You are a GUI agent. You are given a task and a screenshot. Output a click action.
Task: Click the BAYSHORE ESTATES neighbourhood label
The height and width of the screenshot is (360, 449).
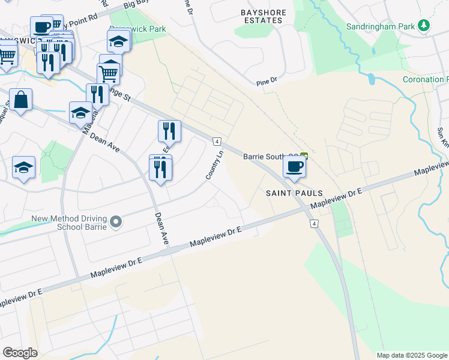tap(261, 16)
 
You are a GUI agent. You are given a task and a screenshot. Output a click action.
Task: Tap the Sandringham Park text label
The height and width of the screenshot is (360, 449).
tap(381, 26)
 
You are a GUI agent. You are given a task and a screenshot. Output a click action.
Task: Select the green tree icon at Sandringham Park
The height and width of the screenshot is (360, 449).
tap(424, 25)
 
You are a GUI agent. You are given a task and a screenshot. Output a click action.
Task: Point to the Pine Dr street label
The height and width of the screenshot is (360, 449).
tap(266, 80)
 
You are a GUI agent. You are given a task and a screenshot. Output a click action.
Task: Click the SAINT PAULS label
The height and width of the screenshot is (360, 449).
tap(294, 193)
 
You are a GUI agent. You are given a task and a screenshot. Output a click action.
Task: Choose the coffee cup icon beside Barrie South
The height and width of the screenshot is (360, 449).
tap(294, 166)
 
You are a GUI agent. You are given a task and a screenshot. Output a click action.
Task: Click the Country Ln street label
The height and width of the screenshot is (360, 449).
tap(215, 165)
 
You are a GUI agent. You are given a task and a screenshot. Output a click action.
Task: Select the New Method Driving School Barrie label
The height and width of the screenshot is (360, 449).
tap(70, 222)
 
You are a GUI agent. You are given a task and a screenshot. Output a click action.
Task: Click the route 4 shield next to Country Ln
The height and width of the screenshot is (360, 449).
tap(216, 142)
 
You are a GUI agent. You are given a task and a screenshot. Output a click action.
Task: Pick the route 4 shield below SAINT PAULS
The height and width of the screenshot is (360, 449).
tap(314, 224)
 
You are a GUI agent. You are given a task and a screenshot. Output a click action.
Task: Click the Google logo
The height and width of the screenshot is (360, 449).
tap(20, 353)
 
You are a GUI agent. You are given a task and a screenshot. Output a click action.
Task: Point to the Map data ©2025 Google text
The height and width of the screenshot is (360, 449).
tap(411, 355)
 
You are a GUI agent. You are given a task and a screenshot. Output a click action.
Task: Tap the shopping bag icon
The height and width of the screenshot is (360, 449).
tap(21, 100)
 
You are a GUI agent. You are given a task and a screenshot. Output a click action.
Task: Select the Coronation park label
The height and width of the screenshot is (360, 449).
tap(425, 79)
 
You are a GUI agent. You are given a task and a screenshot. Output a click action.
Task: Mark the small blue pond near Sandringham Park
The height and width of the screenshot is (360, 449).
tap(371, 79)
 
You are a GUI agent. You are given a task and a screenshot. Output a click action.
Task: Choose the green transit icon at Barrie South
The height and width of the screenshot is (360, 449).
tap(304, 156)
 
